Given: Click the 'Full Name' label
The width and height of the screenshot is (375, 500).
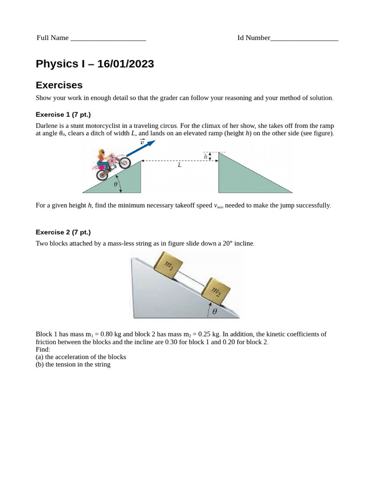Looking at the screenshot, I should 52,38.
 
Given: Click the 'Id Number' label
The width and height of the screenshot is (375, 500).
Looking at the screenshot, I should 253,38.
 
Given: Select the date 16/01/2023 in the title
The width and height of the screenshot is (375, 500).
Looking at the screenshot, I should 125,64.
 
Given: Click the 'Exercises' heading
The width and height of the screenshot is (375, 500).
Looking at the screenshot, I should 59,85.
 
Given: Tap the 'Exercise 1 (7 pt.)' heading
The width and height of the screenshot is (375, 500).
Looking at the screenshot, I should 63,115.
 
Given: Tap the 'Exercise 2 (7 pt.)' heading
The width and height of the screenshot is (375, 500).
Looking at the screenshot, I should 63,232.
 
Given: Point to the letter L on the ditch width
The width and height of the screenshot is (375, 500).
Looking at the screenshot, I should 180,166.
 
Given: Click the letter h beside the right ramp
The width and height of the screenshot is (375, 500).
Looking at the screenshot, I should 206,157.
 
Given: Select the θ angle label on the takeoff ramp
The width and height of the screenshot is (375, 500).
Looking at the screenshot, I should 116,185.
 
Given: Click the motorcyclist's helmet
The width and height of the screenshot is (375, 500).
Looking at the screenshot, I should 101,153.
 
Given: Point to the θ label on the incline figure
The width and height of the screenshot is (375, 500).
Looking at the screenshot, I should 214,312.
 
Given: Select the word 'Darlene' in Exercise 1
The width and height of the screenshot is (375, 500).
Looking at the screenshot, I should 47,126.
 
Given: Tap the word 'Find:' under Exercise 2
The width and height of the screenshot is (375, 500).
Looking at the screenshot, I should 43,350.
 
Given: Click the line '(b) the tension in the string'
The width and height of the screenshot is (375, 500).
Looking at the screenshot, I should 73,364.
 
